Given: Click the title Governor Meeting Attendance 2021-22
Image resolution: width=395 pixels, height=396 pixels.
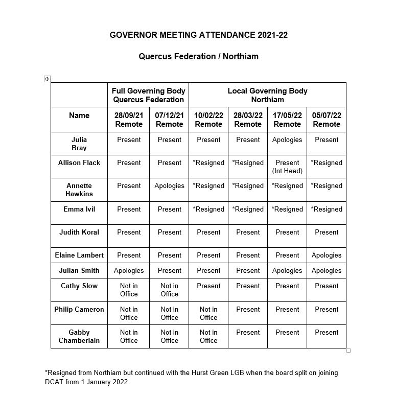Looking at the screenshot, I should (198, 35).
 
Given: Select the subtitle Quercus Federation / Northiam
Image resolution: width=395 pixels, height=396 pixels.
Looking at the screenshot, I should (198, 56).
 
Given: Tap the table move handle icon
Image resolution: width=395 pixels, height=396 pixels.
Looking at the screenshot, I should (47, 79).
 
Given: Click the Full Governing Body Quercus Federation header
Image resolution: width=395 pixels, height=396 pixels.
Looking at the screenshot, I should (148, 95).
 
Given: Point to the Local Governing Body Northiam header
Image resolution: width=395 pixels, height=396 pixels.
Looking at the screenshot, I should (267, 95).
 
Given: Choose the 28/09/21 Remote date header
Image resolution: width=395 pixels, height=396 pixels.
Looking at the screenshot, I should (128, 120).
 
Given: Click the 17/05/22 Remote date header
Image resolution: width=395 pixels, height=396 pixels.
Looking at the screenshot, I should (287, 120).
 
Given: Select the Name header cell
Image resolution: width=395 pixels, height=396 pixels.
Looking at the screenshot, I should (79, 115).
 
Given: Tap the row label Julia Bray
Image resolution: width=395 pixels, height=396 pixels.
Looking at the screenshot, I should (79, 144).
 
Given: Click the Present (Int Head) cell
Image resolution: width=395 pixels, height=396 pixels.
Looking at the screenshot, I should (287, 167).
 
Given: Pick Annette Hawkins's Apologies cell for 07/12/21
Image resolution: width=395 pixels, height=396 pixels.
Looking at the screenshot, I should (169, 186).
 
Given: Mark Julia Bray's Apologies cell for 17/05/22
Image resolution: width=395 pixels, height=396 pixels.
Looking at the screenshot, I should (287, 139).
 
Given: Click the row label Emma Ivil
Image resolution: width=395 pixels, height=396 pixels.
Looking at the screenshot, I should (79, 209).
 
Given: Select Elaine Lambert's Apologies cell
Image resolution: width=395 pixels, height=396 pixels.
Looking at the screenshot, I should (327, 255).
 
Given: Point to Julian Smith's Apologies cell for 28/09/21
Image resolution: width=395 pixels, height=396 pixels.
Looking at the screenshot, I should (128, 270).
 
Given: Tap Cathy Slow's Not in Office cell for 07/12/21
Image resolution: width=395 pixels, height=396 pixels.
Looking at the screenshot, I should (169, 290).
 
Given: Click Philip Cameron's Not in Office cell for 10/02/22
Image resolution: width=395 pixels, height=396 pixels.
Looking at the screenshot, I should (208, 313).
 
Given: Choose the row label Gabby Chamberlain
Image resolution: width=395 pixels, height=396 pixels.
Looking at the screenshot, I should (79, 336).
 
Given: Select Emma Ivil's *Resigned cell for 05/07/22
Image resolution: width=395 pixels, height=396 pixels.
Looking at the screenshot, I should (327, 209).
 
